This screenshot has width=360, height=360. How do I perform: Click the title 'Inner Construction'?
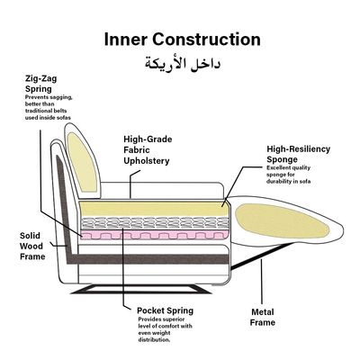pyautogui.click(x=183, y=40)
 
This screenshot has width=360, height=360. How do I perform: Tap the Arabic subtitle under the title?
pyautogui.click(x=183, y=64)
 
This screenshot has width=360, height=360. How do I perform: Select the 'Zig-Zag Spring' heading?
pyautogui.click(x=40, y=84)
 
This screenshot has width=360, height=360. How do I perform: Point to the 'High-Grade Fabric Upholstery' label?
pyautogui.click(x=148, y=150)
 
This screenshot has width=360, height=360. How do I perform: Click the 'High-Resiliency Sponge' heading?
pyautogui.click(x=299, y=154)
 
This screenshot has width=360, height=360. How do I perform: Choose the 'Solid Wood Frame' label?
pyautogui.click(x=32, y=246)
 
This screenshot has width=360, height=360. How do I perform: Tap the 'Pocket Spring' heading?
pyautogui.click(x=165, y=310)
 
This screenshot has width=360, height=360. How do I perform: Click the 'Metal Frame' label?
pyautogui.click(x=263, y=318)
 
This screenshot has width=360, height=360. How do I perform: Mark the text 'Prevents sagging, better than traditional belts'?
pyautogui.click(x=49, y=104)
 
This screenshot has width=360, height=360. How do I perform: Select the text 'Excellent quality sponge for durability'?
pyautogui.click(x=288, y=175)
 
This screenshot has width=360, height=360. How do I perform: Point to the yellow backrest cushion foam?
pyautogui.click(x=81, y=162)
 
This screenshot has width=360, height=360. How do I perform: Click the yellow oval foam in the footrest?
pyautogui.click(x=282, y=222)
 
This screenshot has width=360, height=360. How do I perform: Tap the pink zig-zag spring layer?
pyautogui.click(x=154, y=235)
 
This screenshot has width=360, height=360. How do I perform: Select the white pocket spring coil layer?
pyautogui.click(x=155, y=223)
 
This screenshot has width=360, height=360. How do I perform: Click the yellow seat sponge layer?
pyautogui.click(x=154, y=209)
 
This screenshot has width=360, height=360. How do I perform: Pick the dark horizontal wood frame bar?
pyautogui.click(x=148, y=259)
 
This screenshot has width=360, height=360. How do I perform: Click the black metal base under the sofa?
pyautogui.click(x=141, y=289)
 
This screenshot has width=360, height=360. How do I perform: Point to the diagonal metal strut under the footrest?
pyautogui.click(x=262, y=256)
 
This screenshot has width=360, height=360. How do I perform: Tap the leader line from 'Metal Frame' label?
pyautogui.click(x=262, y=282)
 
